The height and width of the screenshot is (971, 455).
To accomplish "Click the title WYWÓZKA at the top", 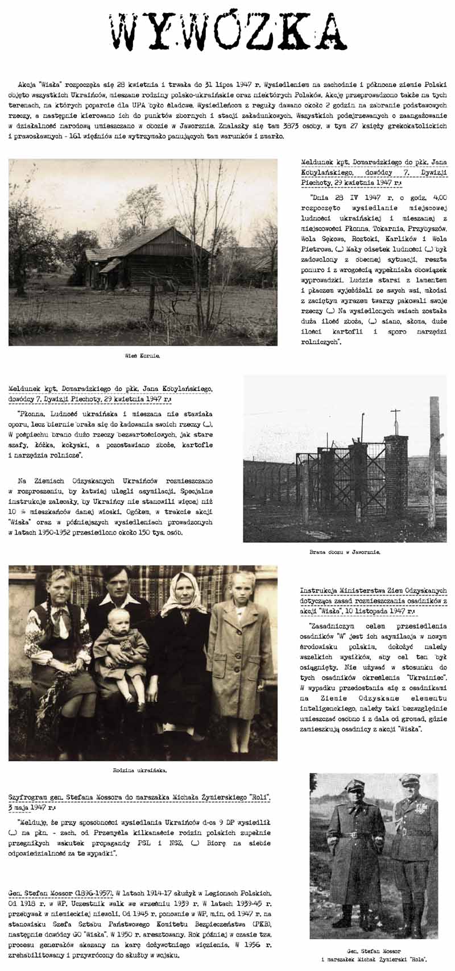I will pyautogui.click(x=227, y=31).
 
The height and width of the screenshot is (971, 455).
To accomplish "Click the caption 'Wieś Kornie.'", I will pyautogui.click(x=142, y=356).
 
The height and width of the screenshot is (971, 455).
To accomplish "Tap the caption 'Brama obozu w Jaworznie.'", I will pyautogui.click(x=345, y=552).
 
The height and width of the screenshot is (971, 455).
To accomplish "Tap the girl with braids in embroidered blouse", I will pyautogui.click(x=57, y=642).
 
